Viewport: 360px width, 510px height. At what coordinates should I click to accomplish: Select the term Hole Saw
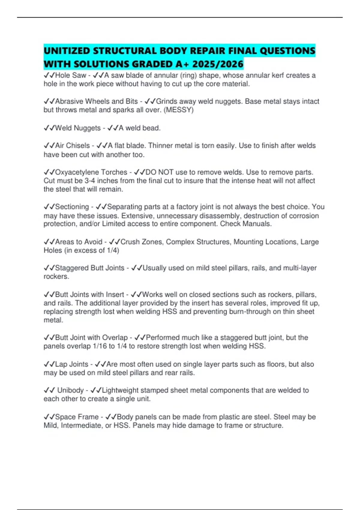(x=70, y=75)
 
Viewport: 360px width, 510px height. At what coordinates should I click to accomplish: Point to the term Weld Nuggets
(x=78, y=128)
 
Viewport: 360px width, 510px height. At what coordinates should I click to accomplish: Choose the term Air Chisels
(x=72, y=145)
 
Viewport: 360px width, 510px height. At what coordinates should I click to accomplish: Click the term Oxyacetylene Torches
(x=91, y=172)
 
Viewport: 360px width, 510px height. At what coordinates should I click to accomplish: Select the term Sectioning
(x=72, y=207)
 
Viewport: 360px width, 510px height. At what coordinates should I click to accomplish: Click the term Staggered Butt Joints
(x=90, y=268)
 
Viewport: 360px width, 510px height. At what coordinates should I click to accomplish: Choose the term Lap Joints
(x=72, y=364)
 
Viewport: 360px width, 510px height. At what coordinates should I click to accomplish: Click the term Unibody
(x=70, y=390)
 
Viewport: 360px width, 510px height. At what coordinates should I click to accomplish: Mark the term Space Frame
(x=77, y=417)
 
